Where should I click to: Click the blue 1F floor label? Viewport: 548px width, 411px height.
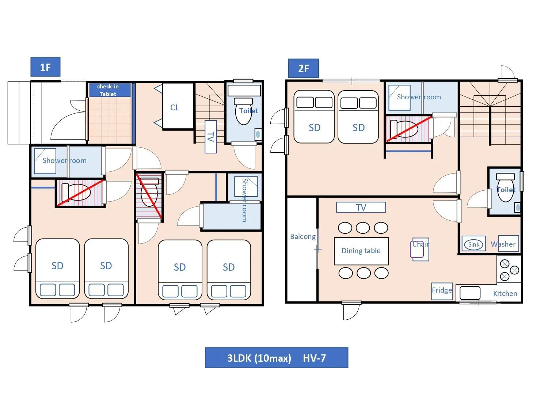45,67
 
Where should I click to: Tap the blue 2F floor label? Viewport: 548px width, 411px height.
303,68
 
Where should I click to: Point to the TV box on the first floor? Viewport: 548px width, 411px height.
211,137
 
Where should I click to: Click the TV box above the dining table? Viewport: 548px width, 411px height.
361,208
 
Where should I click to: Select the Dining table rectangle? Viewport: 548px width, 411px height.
361,251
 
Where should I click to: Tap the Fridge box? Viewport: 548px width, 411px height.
442,291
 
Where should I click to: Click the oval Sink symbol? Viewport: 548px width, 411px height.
473,244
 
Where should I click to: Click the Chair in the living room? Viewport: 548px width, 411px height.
419,249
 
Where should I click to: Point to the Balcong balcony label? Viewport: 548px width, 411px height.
302,236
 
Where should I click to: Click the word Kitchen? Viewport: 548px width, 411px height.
505,293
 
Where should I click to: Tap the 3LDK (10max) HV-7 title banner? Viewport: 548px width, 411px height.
276,358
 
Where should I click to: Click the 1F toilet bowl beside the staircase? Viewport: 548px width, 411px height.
244,111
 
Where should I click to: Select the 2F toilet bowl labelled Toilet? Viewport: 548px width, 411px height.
506,189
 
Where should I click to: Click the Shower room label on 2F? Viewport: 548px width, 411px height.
419,97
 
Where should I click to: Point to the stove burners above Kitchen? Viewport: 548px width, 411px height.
509,270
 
